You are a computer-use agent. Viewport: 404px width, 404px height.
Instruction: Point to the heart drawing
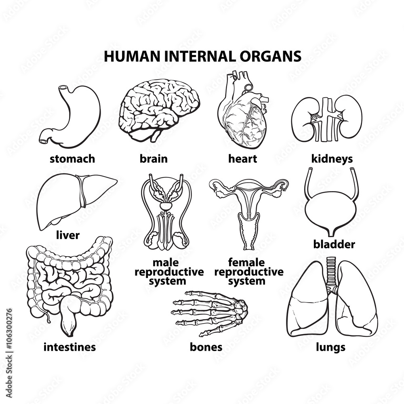point(242,115)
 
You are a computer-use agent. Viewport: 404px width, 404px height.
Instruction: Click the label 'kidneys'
point(332,159)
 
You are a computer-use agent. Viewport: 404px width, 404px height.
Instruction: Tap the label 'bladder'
point(334,244)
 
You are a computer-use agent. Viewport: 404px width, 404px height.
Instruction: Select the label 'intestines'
point(69,347)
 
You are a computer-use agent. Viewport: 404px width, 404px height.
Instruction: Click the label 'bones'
point(206,347)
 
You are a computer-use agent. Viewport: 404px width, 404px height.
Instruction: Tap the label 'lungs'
point(330,347)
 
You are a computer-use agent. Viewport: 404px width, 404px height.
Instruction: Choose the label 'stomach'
point(72,159)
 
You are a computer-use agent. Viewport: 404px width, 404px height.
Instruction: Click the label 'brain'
point(154,159)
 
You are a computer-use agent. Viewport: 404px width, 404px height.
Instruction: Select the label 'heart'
point(242,159)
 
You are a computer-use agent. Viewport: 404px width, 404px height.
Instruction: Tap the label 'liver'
point(67,235)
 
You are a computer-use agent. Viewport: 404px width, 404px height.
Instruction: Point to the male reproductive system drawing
point(166,212)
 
